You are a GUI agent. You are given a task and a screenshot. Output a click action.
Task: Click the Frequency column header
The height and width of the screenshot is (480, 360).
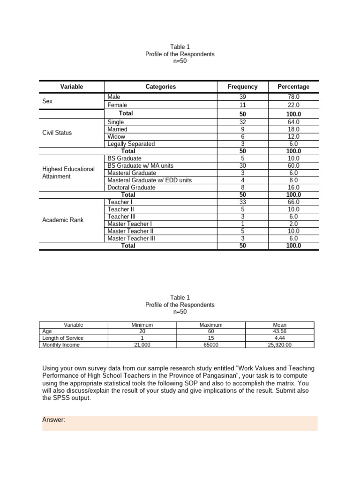(242, 87)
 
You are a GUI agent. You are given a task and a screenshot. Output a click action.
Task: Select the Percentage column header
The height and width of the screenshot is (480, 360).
(293, 87)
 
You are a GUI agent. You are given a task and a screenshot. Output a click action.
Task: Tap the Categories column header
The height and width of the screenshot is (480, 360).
(160, 87)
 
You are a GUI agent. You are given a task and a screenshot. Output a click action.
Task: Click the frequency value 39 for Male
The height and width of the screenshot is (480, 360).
(242, 97)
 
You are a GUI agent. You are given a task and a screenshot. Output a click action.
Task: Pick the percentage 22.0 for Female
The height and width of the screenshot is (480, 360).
(293, 105)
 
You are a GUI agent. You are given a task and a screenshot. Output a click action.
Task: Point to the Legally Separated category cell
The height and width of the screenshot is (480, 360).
(131, 144)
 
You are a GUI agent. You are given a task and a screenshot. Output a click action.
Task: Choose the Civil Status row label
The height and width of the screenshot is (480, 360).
(57, 133)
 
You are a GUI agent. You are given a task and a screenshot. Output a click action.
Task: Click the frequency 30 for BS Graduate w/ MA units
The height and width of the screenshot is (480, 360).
(242, 166)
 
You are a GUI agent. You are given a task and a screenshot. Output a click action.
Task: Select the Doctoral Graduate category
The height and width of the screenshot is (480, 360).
(131, 187)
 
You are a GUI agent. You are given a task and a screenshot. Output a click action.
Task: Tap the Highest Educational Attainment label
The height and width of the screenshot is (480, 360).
(68, 172)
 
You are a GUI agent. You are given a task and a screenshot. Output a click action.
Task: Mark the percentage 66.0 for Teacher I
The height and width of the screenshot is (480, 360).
(293, 202)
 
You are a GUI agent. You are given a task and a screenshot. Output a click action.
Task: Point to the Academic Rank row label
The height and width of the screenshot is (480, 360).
(63, 220)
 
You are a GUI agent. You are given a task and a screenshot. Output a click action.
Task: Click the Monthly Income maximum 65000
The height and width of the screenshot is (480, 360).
(211, 345)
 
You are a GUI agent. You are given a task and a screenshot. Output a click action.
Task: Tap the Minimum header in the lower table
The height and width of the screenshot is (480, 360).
(142, 325)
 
